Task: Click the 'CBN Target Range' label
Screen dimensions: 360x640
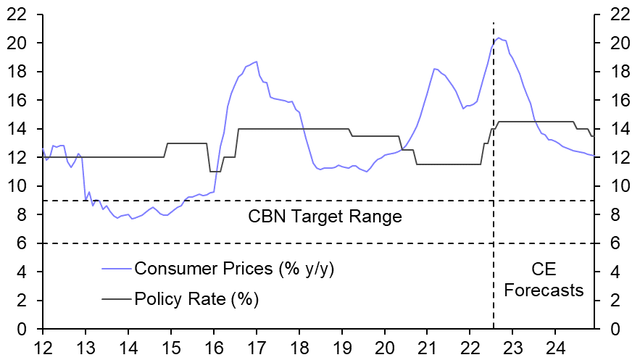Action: pos(325,217)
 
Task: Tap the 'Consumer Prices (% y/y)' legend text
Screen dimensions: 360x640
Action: pos(234,269)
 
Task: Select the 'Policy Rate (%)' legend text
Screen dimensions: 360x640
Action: pos(196,298)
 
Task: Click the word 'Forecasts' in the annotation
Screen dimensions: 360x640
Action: pos(544,291)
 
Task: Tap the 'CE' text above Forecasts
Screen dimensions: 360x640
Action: pos(544,270)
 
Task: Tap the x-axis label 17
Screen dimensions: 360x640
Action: pos(257,346)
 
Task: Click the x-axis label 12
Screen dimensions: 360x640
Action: pos(43,346)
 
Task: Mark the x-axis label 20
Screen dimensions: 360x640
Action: pos(385,346)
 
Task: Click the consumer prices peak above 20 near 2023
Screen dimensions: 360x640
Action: pos(499,38)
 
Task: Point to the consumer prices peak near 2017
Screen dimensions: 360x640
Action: pos(256,62)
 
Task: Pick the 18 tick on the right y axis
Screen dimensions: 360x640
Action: pos(612,72)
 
